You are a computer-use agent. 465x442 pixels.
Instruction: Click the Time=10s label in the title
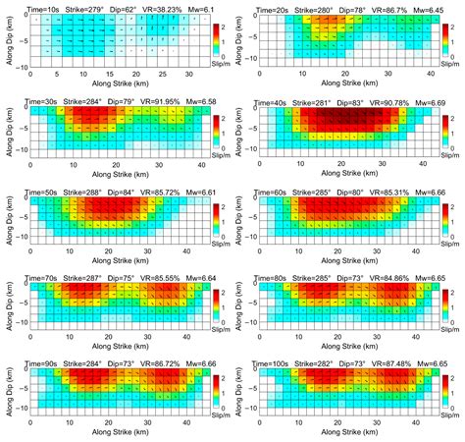[x=45, y=9]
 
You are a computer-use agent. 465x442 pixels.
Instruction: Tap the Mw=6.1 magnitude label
[x=207, y=9]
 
